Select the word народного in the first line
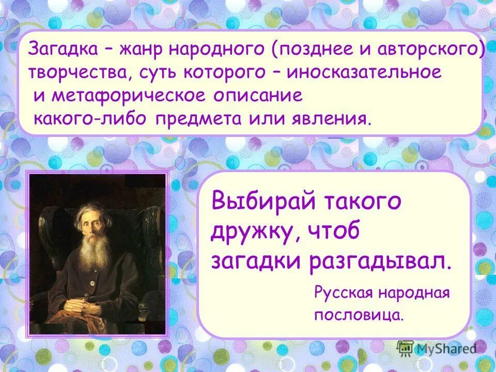click(218, 50)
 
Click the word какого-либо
click(91, 119)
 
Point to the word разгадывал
click(380, 261)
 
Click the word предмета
click(197, 119)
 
